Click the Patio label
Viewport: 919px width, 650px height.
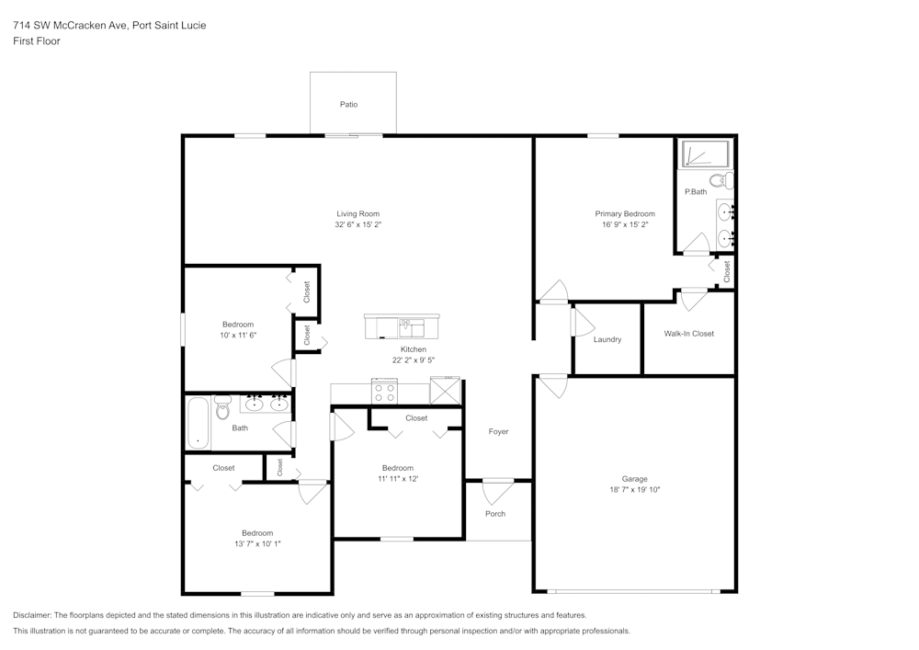(348, 105)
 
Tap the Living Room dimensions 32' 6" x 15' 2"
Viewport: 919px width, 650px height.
(357, 224)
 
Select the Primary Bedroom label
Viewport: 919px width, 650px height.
(625, 213)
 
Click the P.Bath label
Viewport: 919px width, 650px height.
(696, 191)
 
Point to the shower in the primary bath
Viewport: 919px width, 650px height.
(703, 154)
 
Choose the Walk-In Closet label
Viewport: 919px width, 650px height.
(688, 334)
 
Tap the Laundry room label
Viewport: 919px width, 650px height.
(607, 339)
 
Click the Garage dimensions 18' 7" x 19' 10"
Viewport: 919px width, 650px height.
(634, 490)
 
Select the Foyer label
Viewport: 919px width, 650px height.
(498, 431)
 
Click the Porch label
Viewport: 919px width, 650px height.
(495, 514)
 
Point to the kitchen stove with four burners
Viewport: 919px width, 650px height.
(383, 393)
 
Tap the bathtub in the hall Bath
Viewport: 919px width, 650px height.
(198, 422)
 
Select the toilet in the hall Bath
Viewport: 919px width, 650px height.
(222, 407)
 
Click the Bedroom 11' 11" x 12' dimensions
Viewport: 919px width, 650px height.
(397, 479)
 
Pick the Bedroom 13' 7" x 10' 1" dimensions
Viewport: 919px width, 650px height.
(257, 544)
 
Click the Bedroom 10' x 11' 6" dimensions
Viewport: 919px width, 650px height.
(238, 336)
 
